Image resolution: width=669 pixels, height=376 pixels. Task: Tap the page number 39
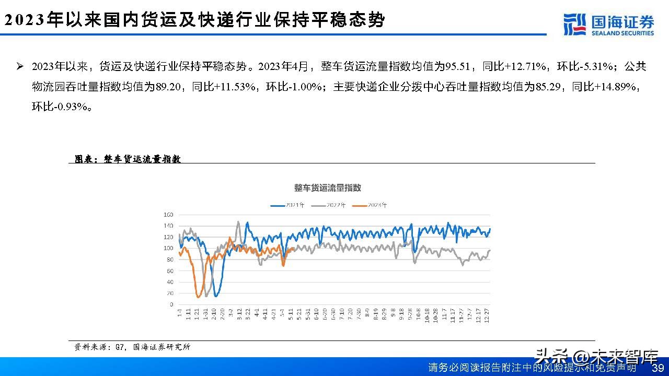tap(658, 368)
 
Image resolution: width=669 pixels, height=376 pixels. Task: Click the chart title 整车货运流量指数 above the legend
tap(328, 188)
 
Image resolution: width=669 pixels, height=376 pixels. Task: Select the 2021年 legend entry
tap(287, 205)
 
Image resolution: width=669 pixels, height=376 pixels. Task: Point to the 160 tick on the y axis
tap(168, 215)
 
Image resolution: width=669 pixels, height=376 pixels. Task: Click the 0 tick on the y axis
tap(171, 304)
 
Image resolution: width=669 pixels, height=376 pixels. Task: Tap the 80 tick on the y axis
tap(169, 260)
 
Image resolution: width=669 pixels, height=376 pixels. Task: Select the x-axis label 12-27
tap(487, 316)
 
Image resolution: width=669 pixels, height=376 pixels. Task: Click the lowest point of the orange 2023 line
tap(199, 297)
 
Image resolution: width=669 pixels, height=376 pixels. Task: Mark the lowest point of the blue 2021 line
tap(216, 296)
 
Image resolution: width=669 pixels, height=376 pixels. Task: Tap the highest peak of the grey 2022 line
tap(238, 221)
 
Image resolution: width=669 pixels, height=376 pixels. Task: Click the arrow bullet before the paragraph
tap(20, 66)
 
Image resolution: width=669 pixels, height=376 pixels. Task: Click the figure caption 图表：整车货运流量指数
tap(128, 159)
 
